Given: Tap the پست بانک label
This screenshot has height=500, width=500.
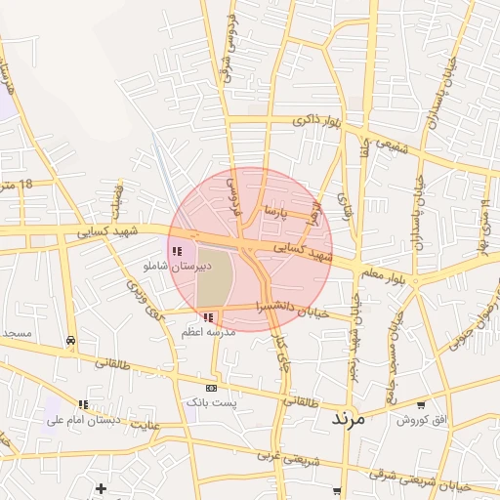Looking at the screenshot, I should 213,401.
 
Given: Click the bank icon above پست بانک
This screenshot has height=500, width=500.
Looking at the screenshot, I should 212,388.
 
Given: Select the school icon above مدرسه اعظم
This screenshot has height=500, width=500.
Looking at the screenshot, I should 209,317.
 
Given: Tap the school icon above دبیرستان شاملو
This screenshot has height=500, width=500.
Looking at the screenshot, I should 177,251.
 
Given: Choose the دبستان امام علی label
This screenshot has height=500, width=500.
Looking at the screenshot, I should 83,419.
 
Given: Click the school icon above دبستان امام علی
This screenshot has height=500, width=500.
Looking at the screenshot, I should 83,404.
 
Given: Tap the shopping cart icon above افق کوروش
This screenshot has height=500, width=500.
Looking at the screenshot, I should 421,404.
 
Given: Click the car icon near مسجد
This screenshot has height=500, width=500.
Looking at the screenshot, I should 70,340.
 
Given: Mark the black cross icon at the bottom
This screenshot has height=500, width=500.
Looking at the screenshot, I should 100,487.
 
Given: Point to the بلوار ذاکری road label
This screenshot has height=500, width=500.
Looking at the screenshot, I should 317,121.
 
